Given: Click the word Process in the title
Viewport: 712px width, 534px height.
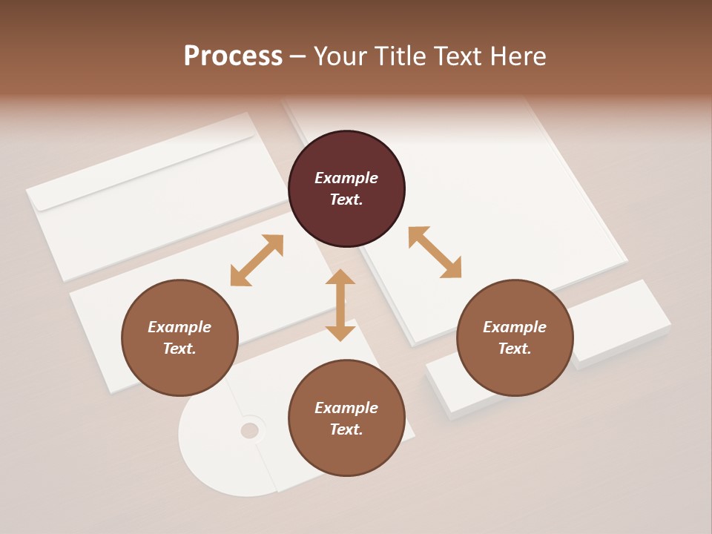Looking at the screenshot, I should [x=233, y=56].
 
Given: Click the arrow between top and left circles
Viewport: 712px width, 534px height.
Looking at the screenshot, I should [x=257, y=260].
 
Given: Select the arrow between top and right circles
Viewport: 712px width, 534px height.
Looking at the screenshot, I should [x=435, y=252].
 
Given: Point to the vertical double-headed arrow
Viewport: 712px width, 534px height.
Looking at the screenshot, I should [x=340, y=305].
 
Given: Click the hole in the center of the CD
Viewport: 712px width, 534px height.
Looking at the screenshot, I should [x=250, y=430].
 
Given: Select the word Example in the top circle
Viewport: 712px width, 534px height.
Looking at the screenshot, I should [x=346, y=178].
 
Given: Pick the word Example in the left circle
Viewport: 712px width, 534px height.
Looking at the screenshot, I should [x=179, y=327].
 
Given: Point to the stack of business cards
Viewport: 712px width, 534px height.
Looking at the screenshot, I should [x=623, y=319].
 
